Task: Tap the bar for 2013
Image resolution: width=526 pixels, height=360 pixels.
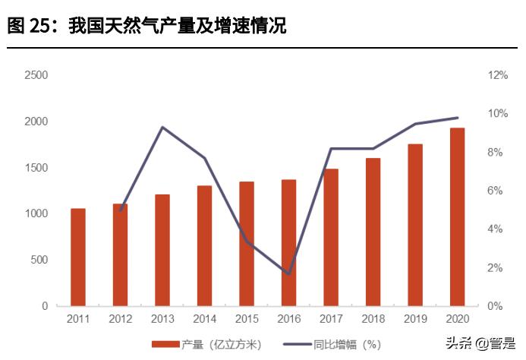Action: [162, 250]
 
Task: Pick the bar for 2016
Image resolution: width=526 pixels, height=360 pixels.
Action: [288, 243]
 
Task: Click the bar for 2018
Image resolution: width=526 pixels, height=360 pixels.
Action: [373, 232]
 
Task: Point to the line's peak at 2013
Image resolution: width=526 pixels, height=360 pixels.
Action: [162, 127]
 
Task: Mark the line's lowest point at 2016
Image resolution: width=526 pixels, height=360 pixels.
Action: [288, 273]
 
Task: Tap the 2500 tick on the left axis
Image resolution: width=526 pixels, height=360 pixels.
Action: [36, 75]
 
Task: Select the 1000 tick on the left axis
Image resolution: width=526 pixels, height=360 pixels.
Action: [36, 213]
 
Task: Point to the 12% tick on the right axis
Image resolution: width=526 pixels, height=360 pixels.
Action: [497, 75]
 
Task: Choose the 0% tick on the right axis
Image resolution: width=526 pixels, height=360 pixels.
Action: [495, 306]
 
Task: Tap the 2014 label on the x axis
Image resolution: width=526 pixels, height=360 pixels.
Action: [204, 318]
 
